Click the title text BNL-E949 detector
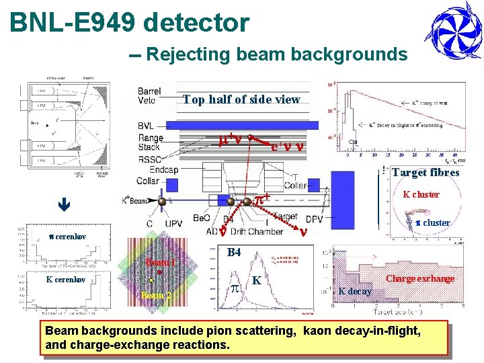(x=129, y=23)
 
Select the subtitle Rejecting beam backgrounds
(x=276, y=54)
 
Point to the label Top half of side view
(x=241, y=99)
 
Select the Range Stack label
(x=149, y=142)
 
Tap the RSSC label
(x=149, y=159)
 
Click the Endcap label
(x=163, y=170)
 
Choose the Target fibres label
(x=426, y=173)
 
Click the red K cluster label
(x=421, y=195)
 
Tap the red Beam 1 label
(x=160, y=262)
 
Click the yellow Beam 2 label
(x=157, y=294)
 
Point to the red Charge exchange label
(x=419, y=278)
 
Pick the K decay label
(x=355, y=291)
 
